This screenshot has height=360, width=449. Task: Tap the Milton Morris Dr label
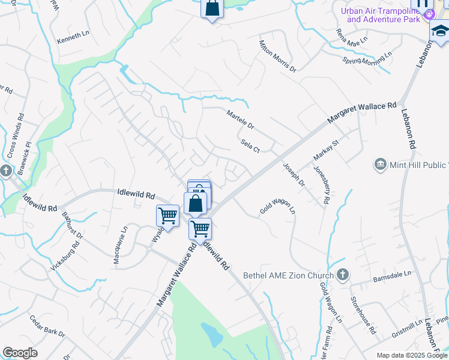coord(277,56)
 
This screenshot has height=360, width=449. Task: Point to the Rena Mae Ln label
coord(351,40)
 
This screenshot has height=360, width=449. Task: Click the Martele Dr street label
coord(240,119)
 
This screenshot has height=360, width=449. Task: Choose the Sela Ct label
coord(250,145)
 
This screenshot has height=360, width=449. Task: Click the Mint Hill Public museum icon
coord(380,164)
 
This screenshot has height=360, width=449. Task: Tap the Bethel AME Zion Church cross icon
coord(343,275)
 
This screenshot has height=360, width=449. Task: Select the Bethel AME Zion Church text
coord(288,276)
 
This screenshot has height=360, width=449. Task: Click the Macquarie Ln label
coord(120,245)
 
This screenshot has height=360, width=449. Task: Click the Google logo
coord(20,353)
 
